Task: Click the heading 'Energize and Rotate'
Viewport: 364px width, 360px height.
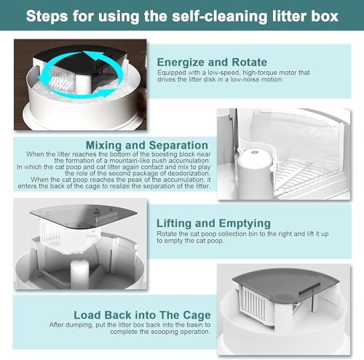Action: tap(212, 63)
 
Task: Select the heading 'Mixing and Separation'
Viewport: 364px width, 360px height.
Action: tap(147, 145)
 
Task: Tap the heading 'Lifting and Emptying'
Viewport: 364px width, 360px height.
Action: tap(213, 223)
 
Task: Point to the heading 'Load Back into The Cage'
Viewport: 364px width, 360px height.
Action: tap(142, 315)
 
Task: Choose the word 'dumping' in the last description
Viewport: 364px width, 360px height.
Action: tap(81, 325)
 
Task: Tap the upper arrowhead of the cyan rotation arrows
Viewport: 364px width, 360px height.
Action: tap(92, 55)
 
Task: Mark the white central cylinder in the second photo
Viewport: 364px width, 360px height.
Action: tap(254, 173)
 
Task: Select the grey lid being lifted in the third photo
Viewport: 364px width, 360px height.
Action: tap(84, 216)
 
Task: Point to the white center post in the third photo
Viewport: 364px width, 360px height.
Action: tap(79, 273)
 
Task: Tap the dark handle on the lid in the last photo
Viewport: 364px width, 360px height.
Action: tap(309, 289)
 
